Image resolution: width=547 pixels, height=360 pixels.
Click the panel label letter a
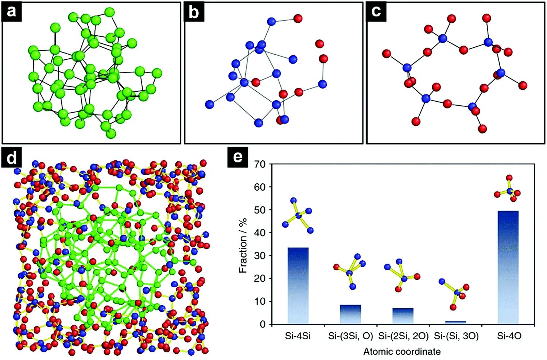point(12,12)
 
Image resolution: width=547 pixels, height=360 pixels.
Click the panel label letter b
point(194,12)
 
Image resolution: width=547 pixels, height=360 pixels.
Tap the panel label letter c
point(376,12)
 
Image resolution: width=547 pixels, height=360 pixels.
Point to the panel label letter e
point(237,157)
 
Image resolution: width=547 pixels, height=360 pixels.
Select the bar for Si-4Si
point(298,286)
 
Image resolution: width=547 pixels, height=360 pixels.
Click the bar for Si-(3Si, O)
point(350,314)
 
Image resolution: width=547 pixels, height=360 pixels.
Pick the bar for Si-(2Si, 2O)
point(403,316)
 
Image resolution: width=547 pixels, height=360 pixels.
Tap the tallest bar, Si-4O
point(508,267)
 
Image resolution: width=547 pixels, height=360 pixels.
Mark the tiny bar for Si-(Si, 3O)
point(455,322)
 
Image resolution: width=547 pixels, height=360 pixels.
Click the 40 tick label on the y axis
point(260,233)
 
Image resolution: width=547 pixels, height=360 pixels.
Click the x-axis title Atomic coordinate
point(402,352)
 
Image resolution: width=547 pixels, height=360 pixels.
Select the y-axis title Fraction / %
point(243,245)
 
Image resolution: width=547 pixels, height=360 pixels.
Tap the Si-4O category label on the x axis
point(509,336)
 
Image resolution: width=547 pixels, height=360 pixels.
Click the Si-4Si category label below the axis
point(298,336)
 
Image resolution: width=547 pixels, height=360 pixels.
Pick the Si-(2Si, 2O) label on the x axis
point(403,336)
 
